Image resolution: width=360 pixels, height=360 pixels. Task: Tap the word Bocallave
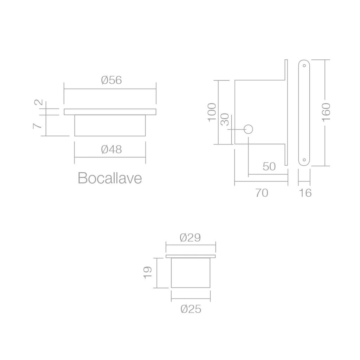tap(110, 178)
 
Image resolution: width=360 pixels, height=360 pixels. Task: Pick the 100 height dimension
tap(211, 112)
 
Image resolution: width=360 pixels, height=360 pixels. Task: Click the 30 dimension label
tap(225, 120)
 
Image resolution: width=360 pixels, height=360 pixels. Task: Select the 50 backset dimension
tap(269, 166)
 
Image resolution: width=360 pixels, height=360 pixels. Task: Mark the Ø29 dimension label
tap(190, 238)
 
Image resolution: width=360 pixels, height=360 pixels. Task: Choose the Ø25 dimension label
tap(191, 309)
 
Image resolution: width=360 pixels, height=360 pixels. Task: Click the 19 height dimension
tap(148, 273)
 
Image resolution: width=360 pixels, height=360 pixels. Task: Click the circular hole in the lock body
tap(248, 129)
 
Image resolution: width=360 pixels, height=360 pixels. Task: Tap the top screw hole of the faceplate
tap(304, 65)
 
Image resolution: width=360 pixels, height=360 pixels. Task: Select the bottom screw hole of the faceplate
tap(304, 160)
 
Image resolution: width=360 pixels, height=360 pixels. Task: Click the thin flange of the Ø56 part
tap(110, 112)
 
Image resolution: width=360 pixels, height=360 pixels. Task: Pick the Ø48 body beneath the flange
tap(110, 125)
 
